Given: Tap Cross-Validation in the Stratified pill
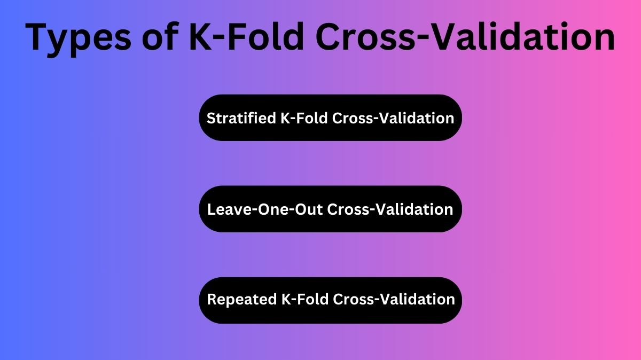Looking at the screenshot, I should [393, 118].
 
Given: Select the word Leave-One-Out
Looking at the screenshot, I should [264, 209].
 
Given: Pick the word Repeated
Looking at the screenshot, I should [241, 299].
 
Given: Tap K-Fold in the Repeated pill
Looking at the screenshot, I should [304, 299].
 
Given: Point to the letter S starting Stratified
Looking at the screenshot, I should [210, 118].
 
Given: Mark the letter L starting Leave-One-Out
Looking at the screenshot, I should [210, 209].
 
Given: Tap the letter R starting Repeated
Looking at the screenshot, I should [211, 299].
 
